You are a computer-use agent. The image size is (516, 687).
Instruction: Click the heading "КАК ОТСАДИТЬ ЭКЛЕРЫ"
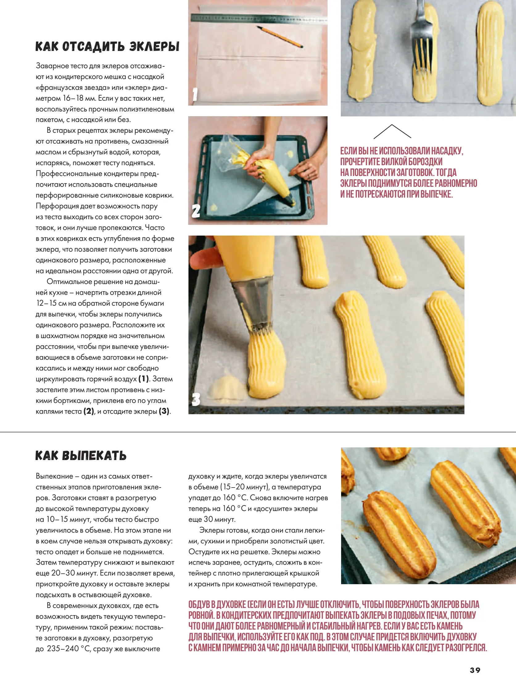107,46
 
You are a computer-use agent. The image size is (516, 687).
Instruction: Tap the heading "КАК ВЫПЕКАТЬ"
81,456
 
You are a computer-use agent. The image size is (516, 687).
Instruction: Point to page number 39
475,670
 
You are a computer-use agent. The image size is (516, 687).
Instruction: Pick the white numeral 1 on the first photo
195,94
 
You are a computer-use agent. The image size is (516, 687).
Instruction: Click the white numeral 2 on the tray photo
196,211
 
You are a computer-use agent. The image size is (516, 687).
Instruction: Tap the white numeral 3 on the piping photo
196,400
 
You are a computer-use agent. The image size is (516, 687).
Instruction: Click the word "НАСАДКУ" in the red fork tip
447,151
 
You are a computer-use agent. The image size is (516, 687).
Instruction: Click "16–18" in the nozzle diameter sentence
73,98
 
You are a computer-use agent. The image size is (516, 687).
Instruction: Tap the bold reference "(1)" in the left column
144,379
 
